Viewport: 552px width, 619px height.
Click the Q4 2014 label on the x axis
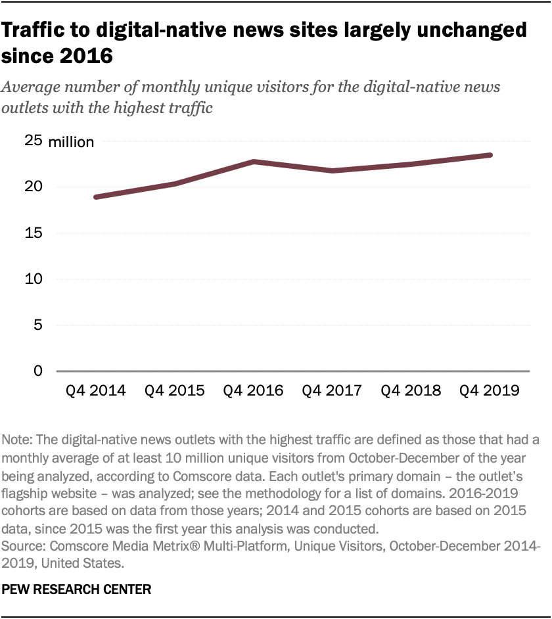[95, 390]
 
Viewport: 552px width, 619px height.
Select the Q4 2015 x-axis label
[174, 390]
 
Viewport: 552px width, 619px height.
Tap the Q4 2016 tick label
[253, 390]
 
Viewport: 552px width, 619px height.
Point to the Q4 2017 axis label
[332, 390]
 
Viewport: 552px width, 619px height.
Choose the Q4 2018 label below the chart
[411, 390]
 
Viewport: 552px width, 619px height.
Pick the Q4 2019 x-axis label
[490, 390]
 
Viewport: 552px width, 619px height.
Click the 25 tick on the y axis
[34, 141]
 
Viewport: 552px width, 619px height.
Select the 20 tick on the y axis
[34, 187]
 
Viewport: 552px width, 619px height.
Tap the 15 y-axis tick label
[34, 233]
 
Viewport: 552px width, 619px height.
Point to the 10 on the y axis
[34, 279]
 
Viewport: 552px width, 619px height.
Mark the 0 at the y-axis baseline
[38, 371]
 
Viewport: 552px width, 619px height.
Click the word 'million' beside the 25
[71, 142]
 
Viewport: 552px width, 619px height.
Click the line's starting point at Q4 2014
[96, 197]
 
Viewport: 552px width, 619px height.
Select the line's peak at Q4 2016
[254, 162]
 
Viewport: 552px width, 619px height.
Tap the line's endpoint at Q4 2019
[490, 155]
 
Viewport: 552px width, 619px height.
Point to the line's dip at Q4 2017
[333, 171]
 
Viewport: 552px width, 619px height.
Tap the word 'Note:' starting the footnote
[18, 439]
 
